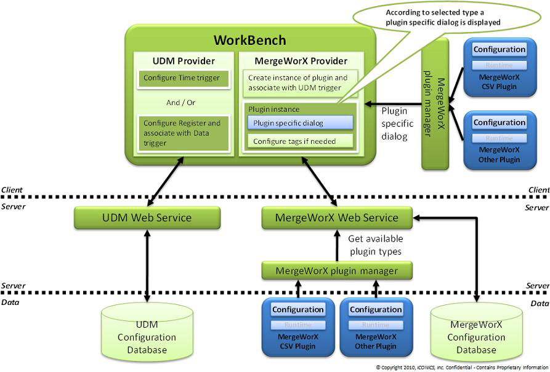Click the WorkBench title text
[x=249, y=41]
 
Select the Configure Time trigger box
[x=182, y=79]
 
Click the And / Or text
[x=181, y=103]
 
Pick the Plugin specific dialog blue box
[x=300, y=123]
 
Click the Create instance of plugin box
[x=299, y=83]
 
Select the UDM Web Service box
[x=147, y=217]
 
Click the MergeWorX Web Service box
[x=336, y=217]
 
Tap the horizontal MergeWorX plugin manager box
[x=336, y=271]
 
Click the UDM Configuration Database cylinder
[x=147, y=333]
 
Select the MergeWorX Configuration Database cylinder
[x=476, y=332]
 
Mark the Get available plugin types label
[x=375, y=245]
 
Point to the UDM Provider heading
[x=184, y=61]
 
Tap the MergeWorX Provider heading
[x=300, y=61]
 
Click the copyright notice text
[x=462, y=367]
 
